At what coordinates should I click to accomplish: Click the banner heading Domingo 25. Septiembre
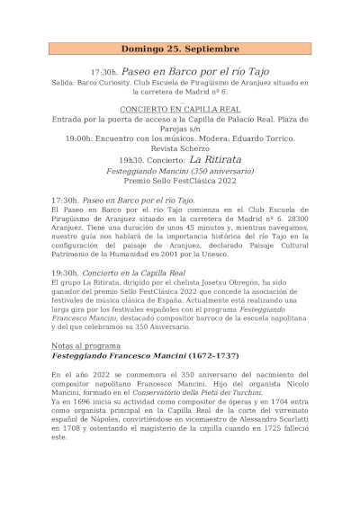coord(180,49)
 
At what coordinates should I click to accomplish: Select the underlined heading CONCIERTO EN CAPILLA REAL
coord(179,108)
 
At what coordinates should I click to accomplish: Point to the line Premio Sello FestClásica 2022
coord(179,181)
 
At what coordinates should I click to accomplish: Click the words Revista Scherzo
coord(179,147)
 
